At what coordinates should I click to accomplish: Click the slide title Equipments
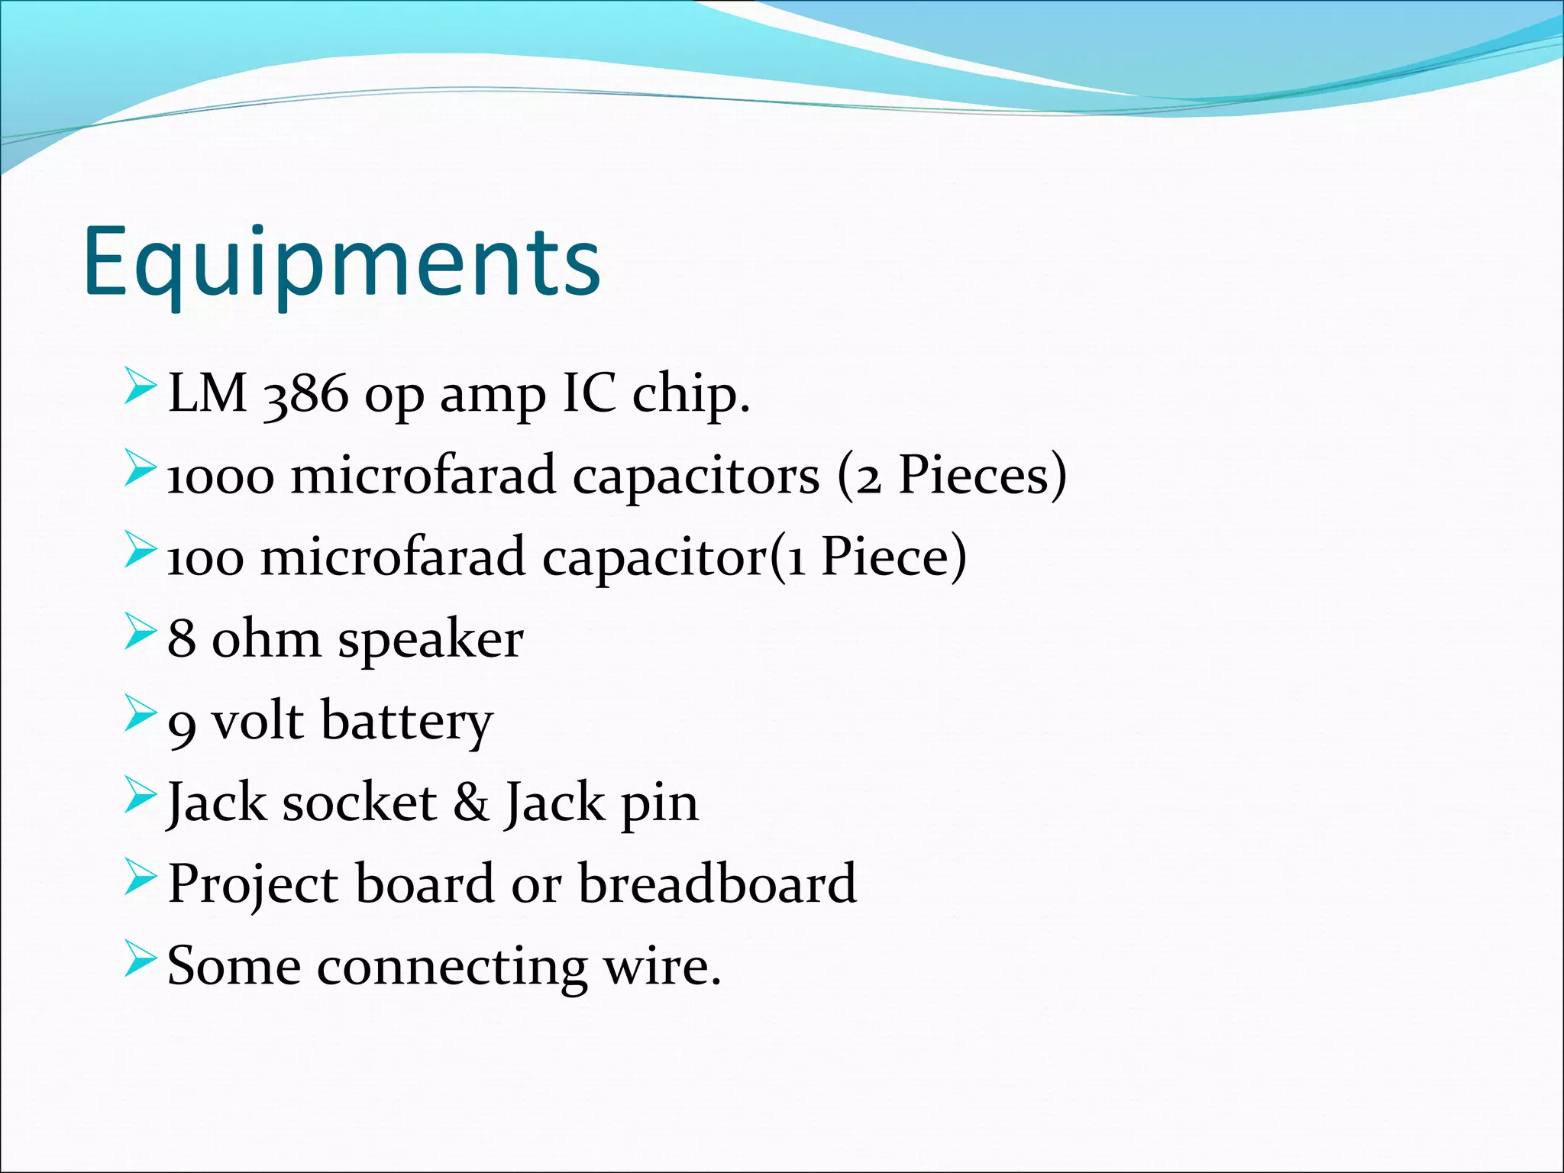pyautogui.click(x=341, y=263)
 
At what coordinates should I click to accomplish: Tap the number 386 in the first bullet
pyautogui.click(x=305, y=396)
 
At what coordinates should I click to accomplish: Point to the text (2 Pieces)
pyautogui.click(x=952, y=476)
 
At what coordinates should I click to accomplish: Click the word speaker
pyautogui.click(x=431, y=640)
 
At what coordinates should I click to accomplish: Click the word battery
pyautogui.click(x=407, y=722)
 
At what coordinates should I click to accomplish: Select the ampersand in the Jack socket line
pyautogui.click(x=471, y=803)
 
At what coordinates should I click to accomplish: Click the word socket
pyautogui.click(x=359, y=803)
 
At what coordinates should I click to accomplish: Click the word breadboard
pyautogui.click(x=717, y=884)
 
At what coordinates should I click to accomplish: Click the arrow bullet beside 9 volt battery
pyautogui.click(x=140, y=713)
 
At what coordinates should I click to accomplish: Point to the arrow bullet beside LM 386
pyautogui.click(x=140, y=386)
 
